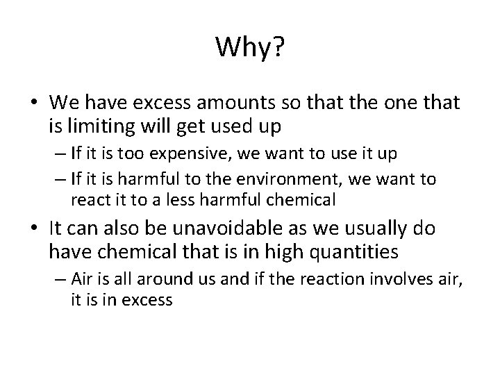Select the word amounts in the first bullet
(226, 104)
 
